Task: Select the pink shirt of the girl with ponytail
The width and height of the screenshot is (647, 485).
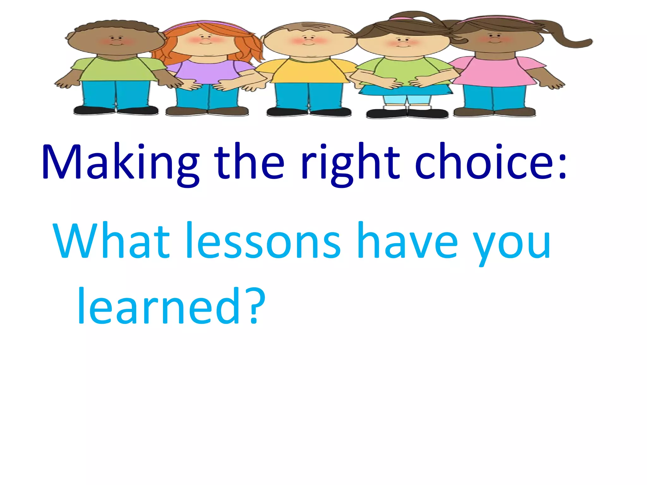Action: pyautogui.click(x=493, y=71)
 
